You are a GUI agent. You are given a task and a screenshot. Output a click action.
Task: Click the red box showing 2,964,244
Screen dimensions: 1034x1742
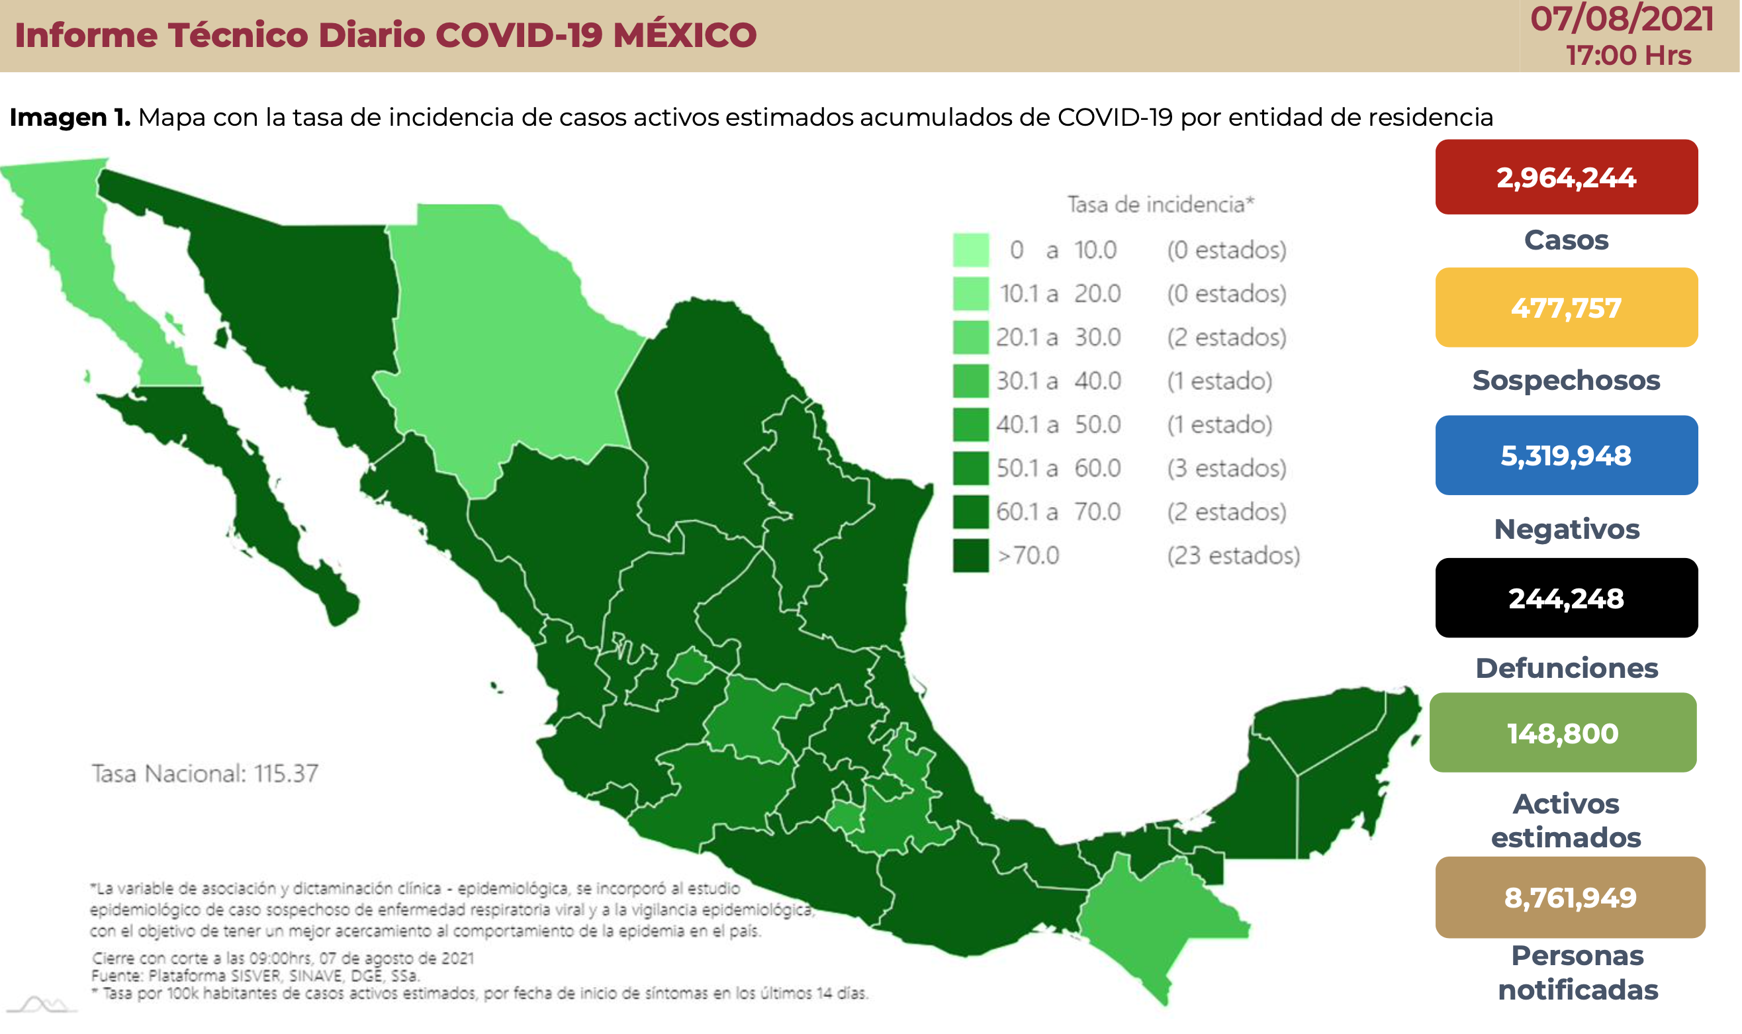click(1566, 177)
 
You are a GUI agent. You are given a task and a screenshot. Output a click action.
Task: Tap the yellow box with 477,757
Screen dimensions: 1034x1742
click(1566, 307)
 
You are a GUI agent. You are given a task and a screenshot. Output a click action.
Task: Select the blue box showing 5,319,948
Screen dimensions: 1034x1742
click(1566, 455)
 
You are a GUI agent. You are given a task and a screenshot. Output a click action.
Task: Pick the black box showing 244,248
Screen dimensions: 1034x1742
click(1566, 598)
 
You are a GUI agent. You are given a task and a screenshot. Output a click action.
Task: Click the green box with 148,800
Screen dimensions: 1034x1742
click(1562, 733)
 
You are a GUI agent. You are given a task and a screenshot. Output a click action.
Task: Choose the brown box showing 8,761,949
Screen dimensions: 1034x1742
click(1570, 897)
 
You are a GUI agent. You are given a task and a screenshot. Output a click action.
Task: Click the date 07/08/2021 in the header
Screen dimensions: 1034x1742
click(1622, 19)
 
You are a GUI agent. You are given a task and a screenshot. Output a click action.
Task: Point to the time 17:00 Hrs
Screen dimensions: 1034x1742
click(1628, 55)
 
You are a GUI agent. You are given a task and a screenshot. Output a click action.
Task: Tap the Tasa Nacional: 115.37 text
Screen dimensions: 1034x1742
click(205, 773)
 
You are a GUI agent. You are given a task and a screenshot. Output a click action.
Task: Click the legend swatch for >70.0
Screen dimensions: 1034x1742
click(970, 555)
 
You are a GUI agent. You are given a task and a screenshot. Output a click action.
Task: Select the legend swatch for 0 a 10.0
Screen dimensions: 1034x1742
click(970, 250)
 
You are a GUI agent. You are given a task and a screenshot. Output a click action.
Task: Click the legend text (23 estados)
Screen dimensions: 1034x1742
click(1234, 555)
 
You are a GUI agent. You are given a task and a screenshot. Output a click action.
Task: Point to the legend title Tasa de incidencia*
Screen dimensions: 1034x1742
click(1160, 204)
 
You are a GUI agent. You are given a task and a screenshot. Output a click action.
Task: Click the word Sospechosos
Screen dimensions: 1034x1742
click(1566, 381)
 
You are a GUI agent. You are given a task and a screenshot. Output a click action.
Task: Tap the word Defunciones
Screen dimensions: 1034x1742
click(1567, 667)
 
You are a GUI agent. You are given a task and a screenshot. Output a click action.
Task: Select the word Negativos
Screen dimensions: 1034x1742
click(1567, 529)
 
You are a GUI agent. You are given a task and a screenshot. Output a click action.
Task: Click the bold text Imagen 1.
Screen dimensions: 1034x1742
click(69, 117)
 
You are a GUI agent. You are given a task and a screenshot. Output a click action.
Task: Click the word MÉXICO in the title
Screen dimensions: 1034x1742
click(684, 35)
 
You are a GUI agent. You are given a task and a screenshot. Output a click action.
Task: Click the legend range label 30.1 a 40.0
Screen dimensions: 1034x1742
click(1058, 381)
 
